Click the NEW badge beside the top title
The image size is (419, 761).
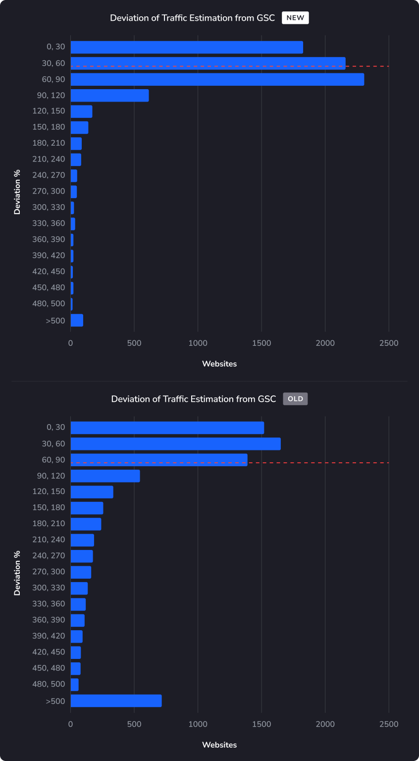click(x=295, y=18)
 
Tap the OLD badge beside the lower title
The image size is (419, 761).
click(x=295, y=399)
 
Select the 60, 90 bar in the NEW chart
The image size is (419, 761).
click(x=217, y=79)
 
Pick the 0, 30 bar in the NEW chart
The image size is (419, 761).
click(x=187, y=47)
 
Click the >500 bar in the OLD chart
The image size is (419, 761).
click(x=116, y=701)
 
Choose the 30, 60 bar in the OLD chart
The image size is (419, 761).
click(x=175, y=444)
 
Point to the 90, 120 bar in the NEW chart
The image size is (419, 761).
click(x=109, y=96)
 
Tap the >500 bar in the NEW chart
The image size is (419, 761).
click(x=77, y=321)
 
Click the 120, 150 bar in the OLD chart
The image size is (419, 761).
click(x=92, y=492)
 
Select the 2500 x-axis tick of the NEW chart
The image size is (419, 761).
click(x=389, y=343)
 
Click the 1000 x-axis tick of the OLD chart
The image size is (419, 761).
click(x=198, y=724)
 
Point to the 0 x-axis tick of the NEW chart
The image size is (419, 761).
click(x=71, y=343)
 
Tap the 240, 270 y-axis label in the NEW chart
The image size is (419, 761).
click(x=49, y=175)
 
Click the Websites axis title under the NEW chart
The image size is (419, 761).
click(x=219, y=364)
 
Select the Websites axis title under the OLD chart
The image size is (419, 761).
click(x=219, y=745)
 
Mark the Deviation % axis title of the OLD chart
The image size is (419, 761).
click(x=17, y=573)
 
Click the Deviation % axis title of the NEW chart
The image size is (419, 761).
click(x=17, y=192)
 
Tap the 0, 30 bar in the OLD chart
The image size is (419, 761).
click(x=167, y=428)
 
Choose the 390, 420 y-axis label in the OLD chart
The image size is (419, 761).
click(x=49, y=636)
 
